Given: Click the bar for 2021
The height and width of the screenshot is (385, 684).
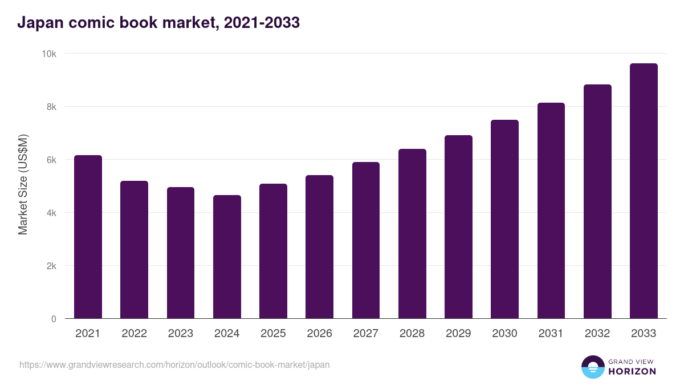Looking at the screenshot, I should [x=88, y=237].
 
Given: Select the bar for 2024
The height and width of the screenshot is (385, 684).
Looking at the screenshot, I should [x=227, y=257].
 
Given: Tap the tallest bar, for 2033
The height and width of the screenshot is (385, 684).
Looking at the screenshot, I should [x=644, y=191].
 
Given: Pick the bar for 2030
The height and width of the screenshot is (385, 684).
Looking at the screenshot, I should [x=504, y=219].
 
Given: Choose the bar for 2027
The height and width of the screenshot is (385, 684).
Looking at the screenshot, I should [x=365, y=240].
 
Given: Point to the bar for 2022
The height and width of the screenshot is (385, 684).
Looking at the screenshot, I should [x=134, y=250].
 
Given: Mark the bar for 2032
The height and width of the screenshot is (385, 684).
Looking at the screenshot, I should [x=597, y=201].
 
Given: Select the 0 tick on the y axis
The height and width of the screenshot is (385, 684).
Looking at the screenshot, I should [x=54, y=319].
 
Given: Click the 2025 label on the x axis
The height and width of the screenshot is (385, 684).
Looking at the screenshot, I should [x=273, y=334].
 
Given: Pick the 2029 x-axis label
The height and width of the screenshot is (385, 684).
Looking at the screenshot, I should [x=458, y=334].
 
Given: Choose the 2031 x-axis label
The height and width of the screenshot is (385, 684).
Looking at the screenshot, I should [x=551, y=334].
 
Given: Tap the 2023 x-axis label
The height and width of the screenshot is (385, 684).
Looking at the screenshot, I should [x=180, y=334].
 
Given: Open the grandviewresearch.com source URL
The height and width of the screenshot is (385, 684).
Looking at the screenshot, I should [x=174, y=364].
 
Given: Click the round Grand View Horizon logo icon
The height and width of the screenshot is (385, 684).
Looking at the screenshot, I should [x=592, y=367].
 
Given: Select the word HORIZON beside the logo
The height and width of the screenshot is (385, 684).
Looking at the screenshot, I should [x=632, y=371].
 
